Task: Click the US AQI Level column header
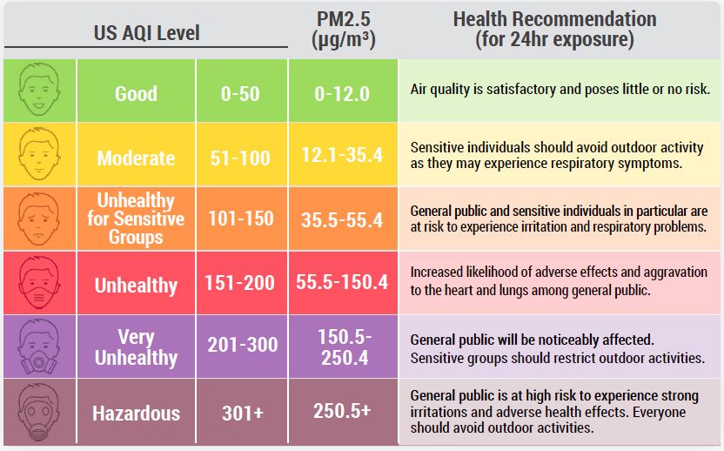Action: click(x=146, y=33)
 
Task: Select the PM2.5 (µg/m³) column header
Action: click(x=343, y=30)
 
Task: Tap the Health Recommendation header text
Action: click(x=554, y=30)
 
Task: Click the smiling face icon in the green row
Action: click(x=39, y=91)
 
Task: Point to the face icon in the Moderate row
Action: click(x=39, y=155)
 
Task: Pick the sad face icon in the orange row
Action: click(x=39, y=219)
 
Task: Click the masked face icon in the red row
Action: click(x=39, y=282)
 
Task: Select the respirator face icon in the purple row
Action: click(x=39, y=346)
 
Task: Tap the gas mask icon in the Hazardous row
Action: click(x=39, y=410)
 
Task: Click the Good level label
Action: click(x=136, y=93)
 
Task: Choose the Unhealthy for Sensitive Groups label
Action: click(x=136, y=219)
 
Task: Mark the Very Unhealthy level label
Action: click(x=136, y=347)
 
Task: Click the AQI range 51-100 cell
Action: click(x=240, y=158)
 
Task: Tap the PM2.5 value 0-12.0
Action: click(x=342, y=93)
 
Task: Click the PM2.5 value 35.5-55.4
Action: click(x=342, y=220)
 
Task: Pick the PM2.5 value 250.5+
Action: click(x=342, y=410)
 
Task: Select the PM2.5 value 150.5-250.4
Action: click(x=342, y=347)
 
